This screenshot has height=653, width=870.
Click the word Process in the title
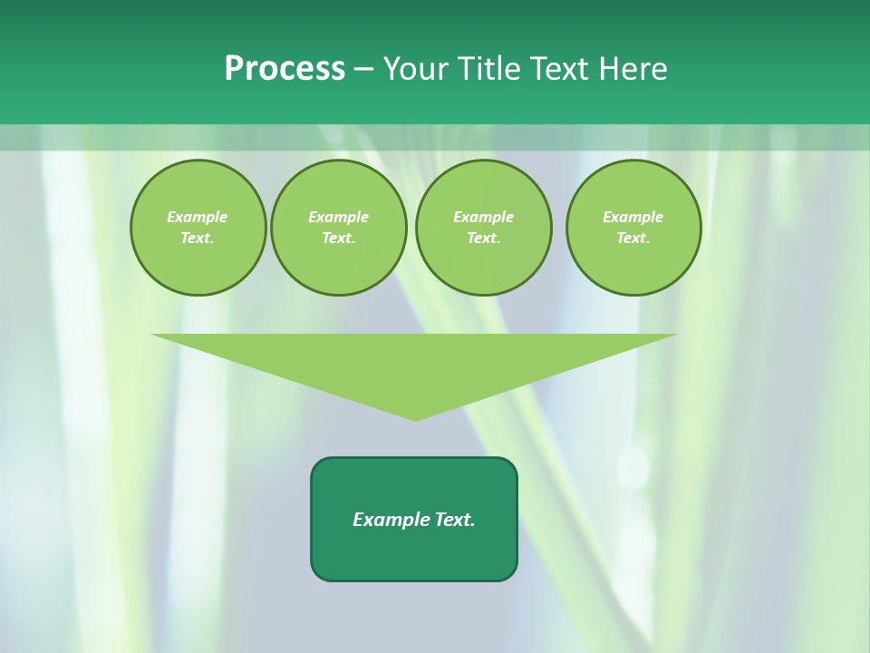[285, 69]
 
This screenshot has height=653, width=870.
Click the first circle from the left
[198, 228]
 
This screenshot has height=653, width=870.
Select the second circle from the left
[338, 228]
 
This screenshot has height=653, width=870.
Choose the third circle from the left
[483, 228]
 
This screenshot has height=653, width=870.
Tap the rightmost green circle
[633, 228]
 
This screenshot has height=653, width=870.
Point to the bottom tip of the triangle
[415, 419]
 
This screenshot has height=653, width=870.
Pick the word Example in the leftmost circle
[198, 217]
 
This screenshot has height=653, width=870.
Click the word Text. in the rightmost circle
[633, 239]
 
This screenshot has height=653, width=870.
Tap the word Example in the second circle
[338, 217]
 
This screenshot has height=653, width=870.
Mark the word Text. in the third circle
[483, 239]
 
